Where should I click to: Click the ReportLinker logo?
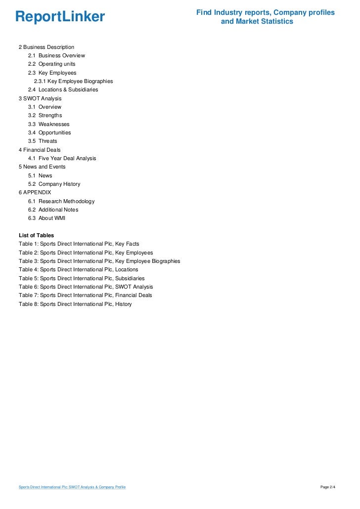tap(60, 17)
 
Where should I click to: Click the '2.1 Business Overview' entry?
tap(56, 55)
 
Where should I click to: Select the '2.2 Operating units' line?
tap(51, 64)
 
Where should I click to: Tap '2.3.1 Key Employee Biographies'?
tap(73, 81)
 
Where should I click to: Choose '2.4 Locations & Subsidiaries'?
tap(63, 90)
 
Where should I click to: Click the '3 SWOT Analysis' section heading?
tap(40, 98)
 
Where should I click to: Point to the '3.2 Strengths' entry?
tap(45, 115)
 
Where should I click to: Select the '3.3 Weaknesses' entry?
tap(48, 124)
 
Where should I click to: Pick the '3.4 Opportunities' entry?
tap(49, 132)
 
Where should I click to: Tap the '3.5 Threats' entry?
tap(43, 141)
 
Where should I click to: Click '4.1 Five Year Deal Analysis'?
tap(62, 158)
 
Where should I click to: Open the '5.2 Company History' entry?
tap(54, 184)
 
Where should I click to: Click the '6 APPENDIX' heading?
tap(35, 192)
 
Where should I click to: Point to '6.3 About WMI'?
tap(46, 218)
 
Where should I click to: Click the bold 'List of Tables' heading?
tap(36, 235)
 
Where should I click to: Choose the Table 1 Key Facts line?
tap(79, 244)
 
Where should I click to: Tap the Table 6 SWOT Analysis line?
tap(86, 287)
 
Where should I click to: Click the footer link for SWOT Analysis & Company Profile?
tap(72, 487)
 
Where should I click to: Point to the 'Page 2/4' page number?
tap(328, 487)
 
